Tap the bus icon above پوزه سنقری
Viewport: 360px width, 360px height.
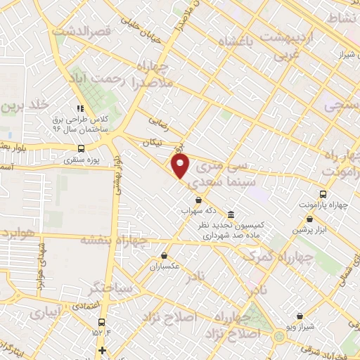(x=81, y=148)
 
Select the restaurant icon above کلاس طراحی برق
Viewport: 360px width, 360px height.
(x=81, y=109)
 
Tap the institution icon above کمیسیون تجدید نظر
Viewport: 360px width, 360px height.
(x=231, y=214)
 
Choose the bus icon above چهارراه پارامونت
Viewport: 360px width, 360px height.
(x=323, y=193)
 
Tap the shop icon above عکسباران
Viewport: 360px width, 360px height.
(x=164, y=256)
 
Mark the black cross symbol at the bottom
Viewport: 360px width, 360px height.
(x=103, y=350)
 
